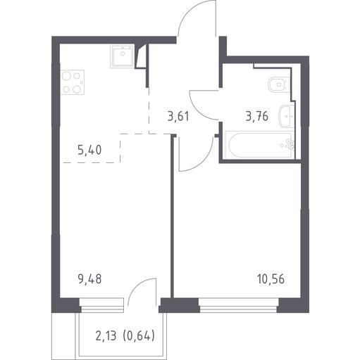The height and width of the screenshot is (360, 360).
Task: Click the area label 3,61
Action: point(178,117)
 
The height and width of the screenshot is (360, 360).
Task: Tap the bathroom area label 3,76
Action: point(257,116)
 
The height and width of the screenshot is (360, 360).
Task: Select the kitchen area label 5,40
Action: point(89,150)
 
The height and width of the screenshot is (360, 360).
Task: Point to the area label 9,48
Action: point(89,279)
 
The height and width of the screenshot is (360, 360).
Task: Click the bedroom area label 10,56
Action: point(271,279)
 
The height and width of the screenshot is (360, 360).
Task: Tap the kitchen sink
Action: point(123,56)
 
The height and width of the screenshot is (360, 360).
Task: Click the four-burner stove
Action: point(73,82)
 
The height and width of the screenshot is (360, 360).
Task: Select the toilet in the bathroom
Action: point(278,84)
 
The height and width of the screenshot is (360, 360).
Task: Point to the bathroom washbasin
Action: point(286,116)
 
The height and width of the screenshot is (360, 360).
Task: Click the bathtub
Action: point(259,145)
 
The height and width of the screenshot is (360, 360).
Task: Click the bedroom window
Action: point(239,305)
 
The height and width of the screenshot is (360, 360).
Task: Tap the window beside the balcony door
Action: point(101,305)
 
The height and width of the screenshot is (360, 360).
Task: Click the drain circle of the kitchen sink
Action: point(123,53)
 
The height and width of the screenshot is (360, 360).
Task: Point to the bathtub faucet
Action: point(290,145)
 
